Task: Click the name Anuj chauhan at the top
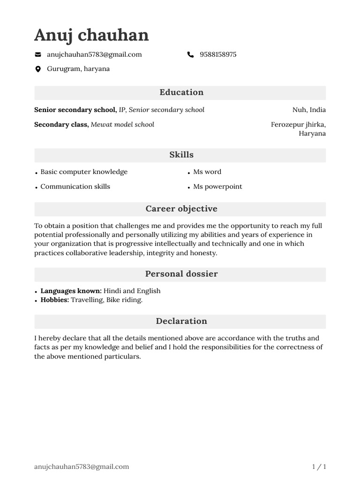tap(91, 35)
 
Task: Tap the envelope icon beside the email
tap(38, 55)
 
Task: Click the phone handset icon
tap(190, 55)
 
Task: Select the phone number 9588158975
tap(218, 54)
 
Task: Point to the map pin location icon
tap(38, 69)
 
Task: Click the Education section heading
tap(181, 92)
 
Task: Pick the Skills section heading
tap(181, 155)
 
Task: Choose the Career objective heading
tap(181, 209)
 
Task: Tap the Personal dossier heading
tap(181, 274)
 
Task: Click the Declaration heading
tap(181, 321)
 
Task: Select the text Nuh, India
tap(309, 110)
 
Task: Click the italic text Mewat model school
tap(122, 124)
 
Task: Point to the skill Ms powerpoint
tap(217, 187)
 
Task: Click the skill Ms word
tap(207, 172)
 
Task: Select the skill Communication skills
tap(75, 187)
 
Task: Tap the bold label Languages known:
tap(71, 291)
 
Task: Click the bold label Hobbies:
tap(54, 300)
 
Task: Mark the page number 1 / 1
tap(319, 466)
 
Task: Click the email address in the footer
tap(82, 466)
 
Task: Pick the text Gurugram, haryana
tap(78, 69)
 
